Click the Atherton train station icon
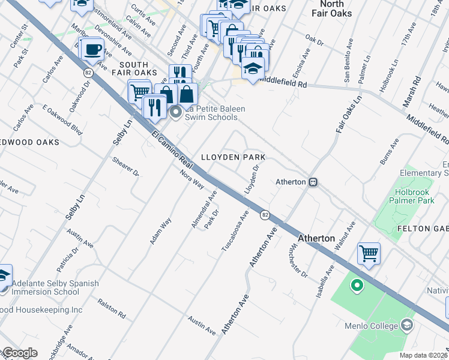tap(312, 182)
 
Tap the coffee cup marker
tap(92, 49)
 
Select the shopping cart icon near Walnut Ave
tap(368, 253)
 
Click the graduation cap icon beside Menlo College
tap(407, 326)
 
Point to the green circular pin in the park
tap(357, 286)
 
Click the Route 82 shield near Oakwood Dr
tap(88, 72)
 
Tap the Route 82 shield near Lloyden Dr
tap(264, 214)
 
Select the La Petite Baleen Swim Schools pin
tap(175, 112)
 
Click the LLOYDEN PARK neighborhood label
tap(233, 157)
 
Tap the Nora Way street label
tap(192, 180)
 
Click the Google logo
tap(20, 353)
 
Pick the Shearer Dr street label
tap(126, 167)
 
